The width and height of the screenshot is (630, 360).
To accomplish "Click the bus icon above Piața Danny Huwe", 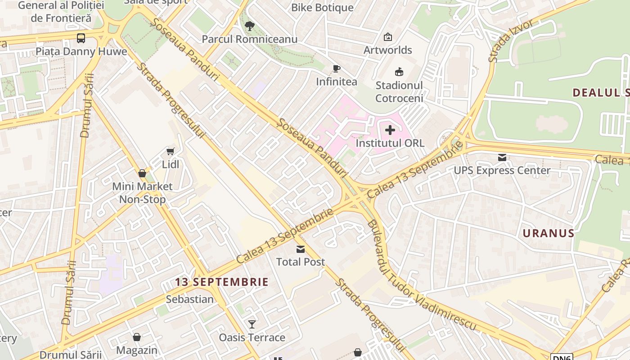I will (81, 38).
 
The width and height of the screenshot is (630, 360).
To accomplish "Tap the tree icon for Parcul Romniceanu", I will (250, 26).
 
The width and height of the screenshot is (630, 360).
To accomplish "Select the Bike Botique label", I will (322, 8).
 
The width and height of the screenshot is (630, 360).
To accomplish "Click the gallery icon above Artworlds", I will (387, 37).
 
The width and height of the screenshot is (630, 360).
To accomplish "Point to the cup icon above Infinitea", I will (336, 69).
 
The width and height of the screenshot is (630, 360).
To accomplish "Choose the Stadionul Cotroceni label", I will (399, 92).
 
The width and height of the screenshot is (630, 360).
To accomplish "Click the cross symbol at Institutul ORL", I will (390, 130).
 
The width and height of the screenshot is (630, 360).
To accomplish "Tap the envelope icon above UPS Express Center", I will (502, 157).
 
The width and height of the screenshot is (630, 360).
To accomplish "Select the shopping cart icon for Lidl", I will (170, 152).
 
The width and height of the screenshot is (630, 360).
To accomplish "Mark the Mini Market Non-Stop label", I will (142, 193).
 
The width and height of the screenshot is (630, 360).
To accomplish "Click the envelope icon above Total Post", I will (300, 249).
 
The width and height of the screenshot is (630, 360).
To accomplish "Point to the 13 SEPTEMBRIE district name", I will (222, 282).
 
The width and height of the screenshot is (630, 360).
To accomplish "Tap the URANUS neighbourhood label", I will (548, 233).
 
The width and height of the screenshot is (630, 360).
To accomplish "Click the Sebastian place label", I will (189, 299).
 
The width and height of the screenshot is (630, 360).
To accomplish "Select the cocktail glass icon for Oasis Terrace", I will (252, 324).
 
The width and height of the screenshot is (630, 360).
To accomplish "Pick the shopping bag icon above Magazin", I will (137, 337).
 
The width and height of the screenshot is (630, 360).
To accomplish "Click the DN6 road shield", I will (561, 357).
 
